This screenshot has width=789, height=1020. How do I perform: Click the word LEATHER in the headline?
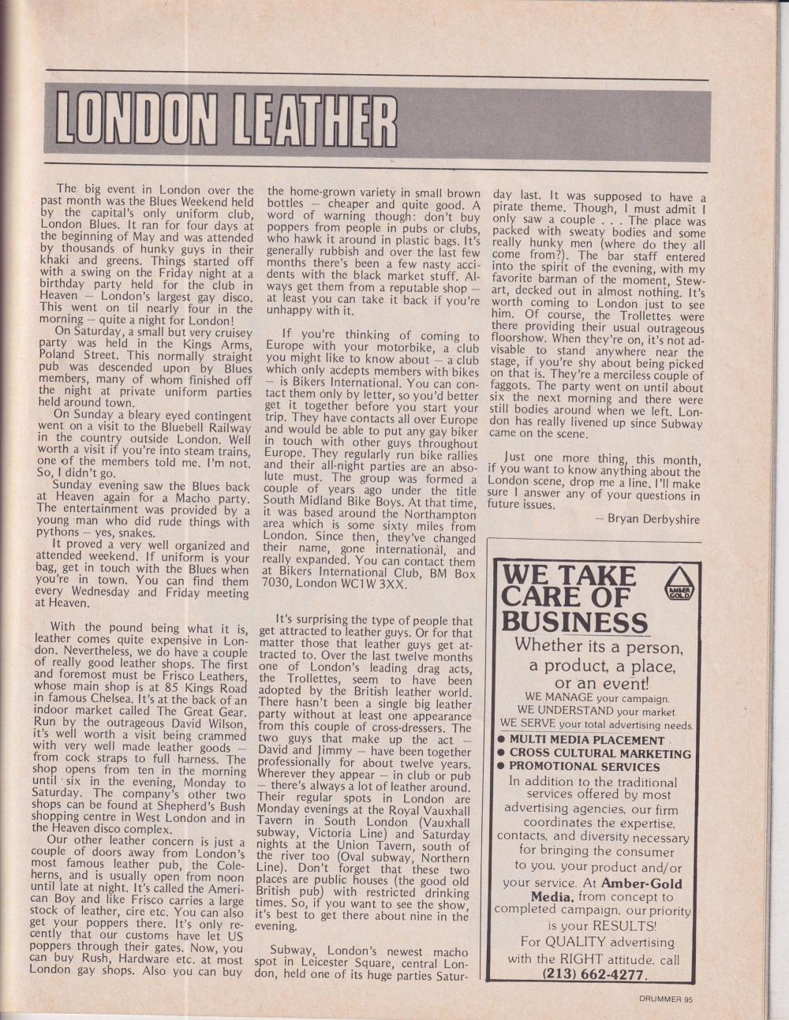311,124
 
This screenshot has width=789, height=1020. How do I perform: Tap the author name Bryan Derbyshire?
649,518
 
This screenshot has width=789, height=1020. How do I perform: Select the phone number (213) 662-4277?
593,974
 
